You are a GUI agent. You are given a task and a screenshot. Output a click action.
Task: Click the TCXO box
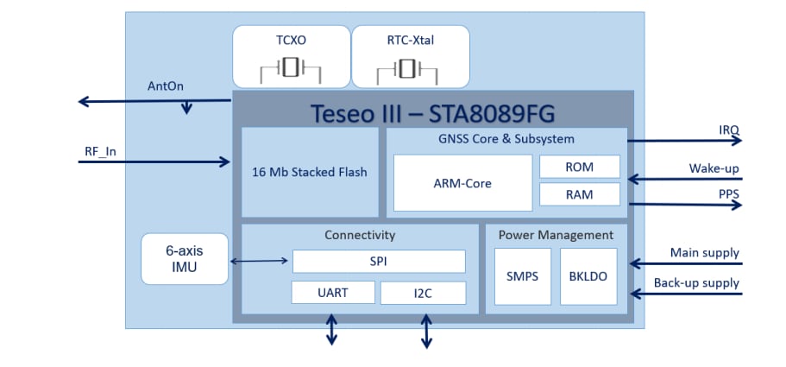[290, 56]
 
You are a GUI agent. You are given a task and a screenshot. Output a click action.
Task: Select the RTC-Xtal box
[411, 56]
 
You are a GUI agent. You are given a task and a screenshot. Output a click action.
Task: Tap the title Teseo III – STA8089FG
[432, 113]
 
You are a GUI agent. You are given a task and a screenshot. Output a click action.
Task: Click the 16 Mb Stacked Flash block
[310, 172]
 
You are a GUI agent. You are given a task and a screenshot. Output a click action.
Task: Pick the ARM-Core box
[462, 183]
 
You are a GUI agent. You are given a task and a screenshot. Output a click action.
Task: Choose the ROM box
[579, 166]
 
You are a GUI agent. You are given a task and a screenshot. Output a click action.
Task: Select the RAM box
[579, 194]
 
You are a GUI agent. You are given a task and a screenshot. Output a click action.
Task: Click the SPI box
[379, 261]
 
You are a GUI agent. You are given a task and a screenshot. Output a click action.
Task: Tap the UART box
[332, 293]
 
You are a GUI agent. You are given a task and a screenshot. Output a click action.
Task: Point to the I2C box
[423, 293]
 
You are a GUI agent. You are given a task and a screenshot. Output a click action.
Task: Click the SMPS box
[522, 276]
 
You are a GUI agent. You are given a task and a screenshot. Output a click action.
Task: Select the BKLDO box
[588, 276]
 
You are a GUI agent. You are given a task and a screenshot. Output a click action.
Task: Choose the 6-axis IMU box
[185, 258]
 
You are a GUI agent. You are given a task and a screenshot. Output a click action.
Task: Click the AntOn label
[167, 86]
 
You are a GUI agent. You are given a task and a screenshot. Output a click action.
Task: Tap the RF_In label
[100, 152]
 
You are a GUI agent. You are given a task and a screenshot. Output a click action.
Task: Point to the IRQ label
[728, 130]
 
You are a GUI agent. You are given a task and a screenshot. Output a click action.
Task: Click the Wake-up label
[714, 168]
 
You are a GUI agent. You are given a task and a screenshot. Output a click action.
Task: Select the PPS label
[728, 194]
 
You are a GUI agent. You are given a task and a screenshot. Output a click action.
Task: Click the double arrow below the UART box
[332, 329]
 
